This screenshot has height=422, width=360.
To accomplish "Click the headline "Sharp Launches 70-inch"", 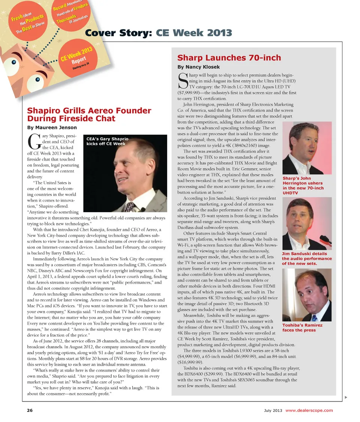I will (x=229, y=58).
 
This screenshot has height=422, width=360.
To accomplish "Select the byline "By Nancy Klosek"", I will (x=198, y=67).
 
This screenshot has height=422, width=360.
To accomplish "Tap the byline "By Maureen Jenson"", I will (x=52, y=128).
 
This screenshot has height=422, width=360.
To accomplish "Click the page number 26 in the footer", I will (x=30, y=410).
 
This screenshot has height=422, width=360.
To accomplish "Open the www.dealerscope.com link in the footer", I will (x=309, y=410).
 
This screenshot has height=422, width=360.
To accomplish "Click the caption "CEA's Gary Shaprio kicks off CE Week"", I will (x=108, y=141).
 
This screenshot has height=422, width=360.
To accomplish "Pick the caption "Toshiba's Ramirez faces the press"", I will (x=302, y=327).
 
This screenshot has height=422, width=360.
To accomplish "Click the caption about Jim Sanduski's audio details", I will (x=306, y=258).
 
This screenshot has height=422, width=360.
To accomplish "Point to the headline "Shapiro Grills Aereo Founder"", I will (x=89, y=110).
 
